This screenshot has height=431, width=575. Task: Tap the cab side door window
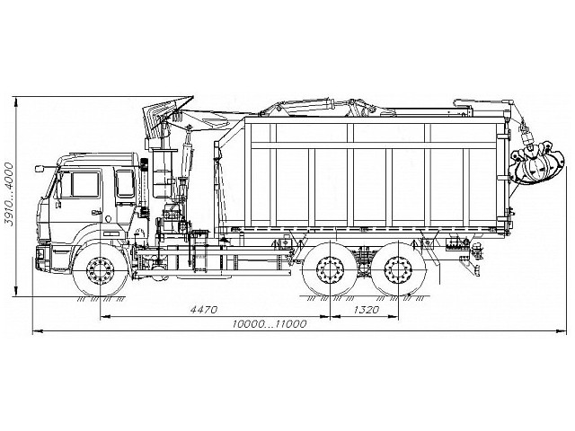point(85,184)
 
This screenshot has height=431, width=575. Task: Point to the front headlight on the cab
point(42,243)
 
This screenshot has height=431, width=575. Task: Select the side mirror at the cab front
point(40,170)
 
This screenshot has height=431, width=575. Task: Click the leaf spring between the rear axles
point(365,257)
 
